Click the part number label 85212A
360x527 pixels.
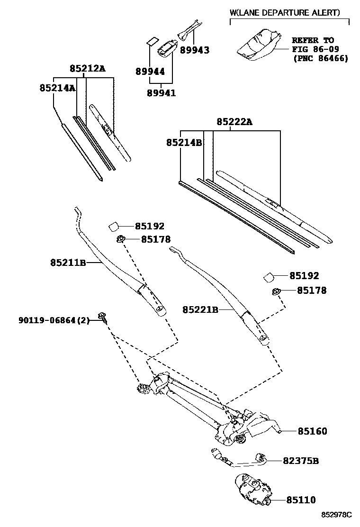pos(87,69)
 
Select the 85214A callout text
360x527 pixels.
pos(57,88)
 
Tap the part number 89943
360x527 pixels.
pos(193,50)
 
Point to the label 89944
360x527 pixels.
pos(150,72)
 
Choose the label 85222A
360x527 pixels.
pos(234,122)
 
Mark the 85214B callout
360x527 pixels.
pos(184,142)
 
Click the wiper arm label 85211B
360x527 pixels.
pos(68,262)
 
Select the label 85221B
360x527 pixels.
pos(200,309)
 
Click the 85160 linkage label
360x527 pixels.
pos(312,431)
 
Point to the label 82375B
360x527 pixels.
pos(301,460)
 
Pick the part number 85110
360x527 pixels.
pos(301,500)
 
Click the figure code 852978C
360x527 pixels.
pos(338,515)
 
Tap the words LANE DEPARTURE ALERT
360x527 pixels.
pos(287,13)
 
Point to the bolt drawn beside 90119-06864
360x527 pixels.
pos(102,317)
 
